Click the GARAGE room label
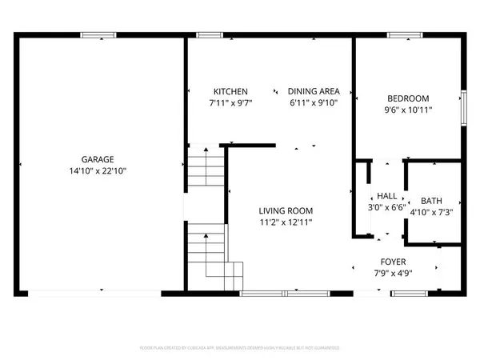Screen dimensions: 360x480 [x=98, y=158]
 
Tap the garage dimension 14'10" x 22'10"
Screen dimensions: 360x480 [x=98, y=170]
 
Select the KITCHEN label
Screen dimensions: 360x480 [x=230, y=92]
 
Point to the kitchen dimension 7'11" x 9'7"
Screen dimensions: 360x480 [x=230, y=103]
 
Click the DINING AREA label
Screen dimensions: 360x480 [x=315, y=92]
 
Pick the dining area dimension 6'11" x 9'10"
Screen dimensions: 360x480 [x=315, y=103]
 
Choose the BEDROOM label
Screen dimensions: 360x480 [x=408, y=98]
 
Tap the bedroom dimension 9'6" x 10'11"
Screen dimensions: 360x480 [x=408, y=110]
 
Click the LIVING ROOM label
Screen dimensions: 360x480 [x=285, y=211]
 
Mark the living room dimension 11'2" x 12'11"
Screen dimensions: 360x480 [x=285, y=222]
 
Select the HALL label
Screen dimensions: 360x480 [x=387, y=195]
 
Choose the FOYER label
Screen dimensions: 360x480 [x=393, y=262]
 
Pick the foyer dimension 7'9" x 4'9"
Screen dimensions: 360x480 [x=393, y=274]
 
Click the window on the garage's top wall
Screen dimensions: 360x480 [x=98, y=35]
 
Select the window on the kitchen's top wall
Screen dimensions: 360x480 [x=210, y=35]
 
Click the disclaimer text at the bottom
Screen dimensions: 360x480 [x=240, y=349]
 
